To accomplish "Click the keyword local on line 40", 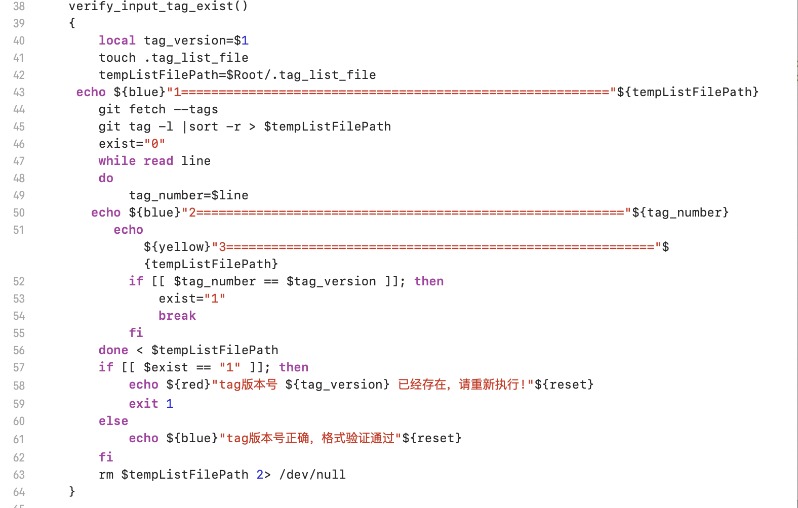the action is [x=117, y=40].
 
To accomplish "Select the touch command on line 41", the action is [x=117, y=58].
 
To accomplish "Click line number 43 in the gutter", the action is [x=19, y=92].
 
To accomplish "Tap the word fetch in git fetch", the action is [x=147, y=109].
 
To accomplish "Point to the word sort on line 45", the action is [x=204, y=126].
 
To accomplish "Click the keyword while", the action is [x=117, y=161].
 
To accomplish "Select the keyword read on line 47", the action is [x=158, y=161].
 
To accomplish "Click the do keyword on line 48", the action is [x=106, y=178].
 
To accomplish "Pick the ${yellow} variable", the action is [x=177, y=247].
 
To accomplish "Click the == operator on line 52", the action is [x=271, y=281].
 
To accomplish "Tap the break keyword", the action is [x=177, y=316].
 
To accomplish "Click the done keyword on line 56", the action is [x=113, y=350].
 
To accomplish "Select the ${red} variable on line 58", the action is [x=188, y=385].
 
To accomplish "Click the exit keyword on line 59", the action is [x=143, y=404].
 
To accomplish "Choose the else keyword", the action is [x=113, y=421].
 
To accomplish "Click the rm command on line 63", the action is [x=106, y=475].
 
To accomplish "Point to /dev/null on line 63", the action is [x=312, y=475].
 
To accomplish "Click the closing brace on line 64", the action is [x=72, y=491].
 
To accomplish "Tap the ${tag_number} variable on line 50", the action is [x=681, y=213].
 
